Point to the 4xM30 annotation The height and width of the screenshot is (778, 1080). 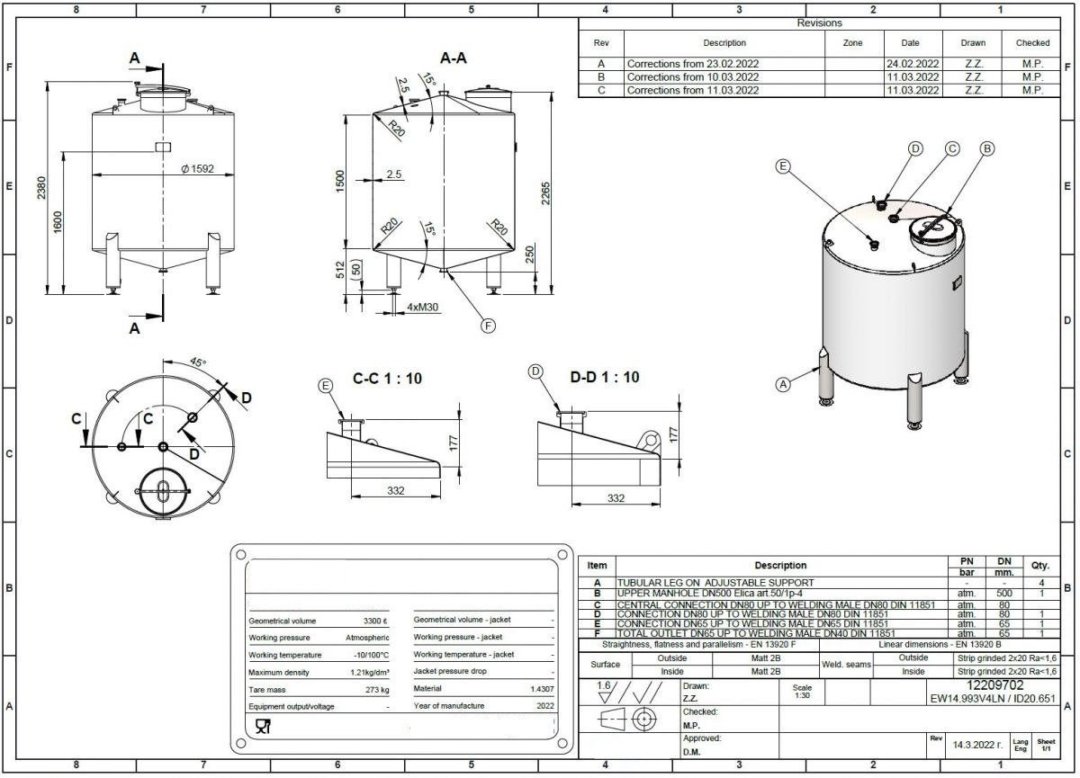[424, 308]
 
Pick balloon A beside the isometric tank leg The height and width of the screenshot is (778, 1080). [783, 384]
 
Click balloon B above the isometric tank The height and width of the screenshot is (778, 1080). [986, 148]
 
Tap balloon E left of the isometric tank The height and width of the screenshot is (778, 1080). [784, 166]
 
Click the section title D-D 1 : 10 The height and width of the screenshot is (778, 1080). [604, 377]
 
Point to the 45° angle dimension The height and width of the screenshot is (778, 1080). [198, 362]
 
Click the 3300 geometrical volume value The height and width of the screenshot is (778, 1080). [375, 621]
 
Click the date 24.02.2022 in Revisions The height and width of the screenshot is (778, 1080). [913, 64]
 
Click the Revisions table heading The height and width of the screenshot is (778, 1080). [819, 23]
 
